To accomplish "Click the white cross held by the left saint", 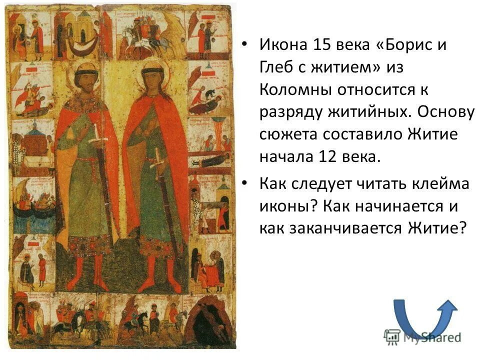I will (97, 135).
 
